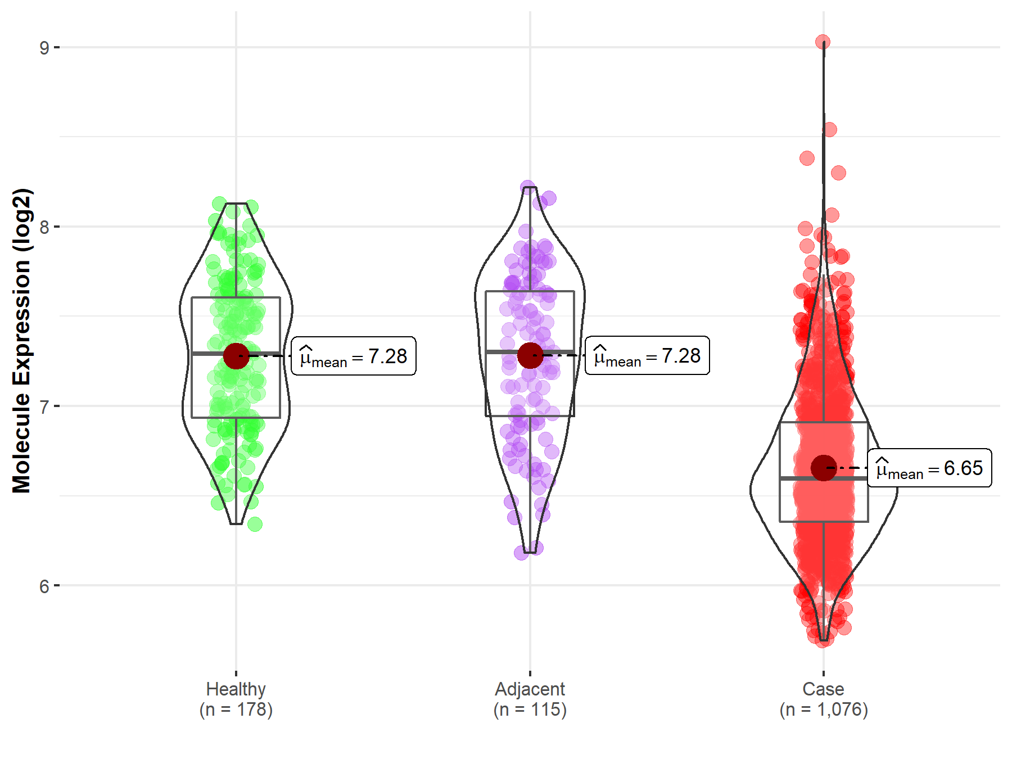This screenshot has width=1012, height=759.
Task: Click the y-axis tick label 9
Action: [44, 48]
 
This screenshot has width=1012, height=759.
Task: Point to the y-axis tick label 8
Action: [44, 227]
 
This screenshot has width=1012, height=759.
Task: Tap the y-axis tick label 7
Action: [44, 406]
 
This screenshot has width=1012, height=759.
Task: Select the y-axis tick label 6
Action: [44, 586]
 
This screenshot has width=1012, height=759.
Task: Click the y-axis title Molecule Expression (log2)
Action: [21, 341]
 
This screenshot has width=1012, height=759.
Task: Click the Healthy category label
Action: [236, 689]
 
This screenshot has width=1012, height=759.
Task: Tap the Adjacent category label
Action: [530, 689]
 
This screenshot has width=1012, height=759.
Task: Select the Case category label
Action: [823, 689]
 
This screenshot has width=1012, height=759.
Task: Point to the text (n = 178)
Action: [236, 710]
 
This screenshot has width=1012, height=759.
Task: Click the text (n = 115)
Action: [530, 710]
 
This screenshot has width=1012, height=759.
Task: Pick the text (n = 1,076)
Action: [823, 710]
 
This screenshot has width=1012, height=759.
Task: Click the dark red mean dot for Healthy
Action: [236, 356]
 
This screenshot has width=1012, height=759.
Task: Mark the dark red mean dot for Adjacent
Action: [530, 355]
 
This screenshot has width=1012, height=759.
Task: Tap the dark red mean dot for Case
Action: [824, 468]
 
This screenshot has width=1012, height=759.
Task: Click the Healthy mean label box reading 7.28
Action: [354, 356]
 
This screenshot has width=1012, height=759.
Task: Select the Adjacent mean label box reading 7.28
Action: [647, 355]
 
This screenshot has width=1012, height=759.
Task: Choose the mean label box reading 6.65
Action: [929, 468]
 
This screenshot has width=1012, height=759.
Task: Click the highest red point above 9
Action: [823, 42]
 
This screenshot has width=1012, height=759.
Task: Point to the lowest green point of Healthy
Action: [255, 524]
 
